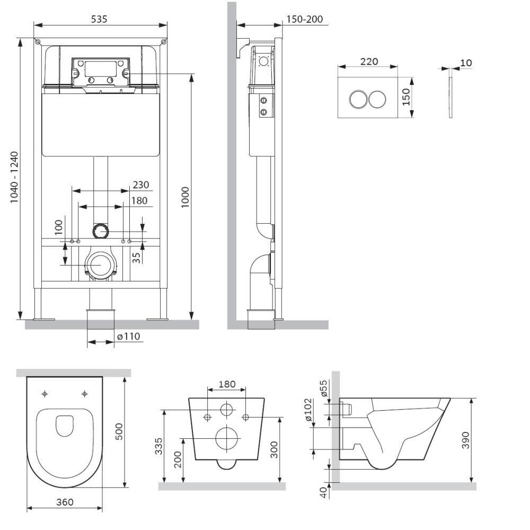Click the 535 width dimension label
99,19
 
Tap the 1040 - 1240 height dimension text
14,177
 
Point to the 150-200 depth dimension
304,19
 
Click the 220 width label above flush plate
369,61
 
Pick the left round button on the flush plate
358,99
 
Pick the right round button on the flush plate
377,99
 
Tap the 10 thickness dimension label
466,63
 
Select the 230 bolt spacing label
140,185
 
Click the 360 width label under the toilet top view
65,502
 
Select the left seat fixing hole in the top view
45,393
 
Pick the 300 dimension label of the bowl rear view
273,450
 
